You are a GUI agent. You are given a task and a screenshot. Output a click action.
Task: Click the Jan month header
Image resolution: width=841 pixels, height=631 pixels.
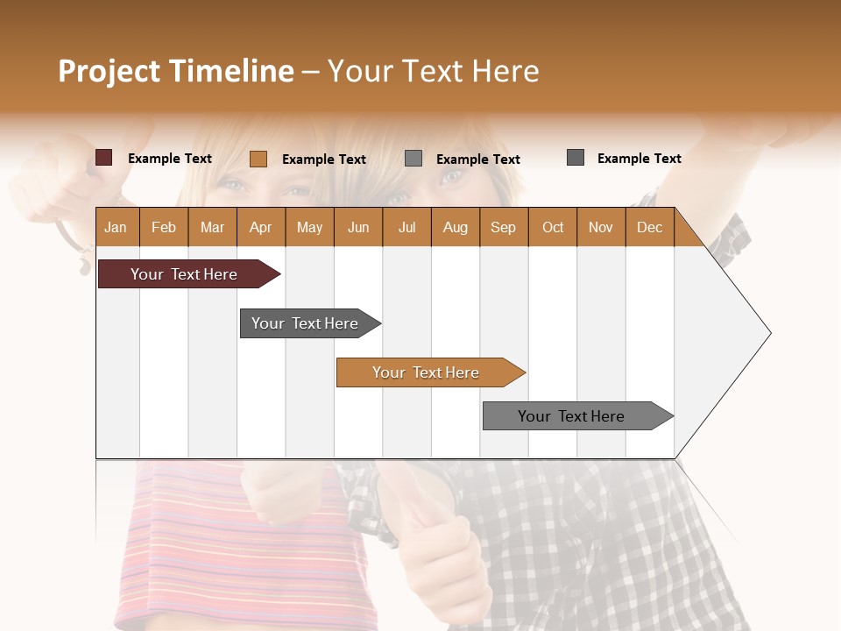coord(116,228)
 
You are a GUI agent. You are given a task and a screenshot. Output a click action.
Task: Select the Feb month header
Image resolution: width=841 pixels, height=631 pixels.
coord(164,228)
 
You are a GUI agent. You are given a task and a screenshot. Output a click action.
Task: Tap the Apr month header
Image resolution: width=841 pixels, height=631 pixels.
coord(260,228)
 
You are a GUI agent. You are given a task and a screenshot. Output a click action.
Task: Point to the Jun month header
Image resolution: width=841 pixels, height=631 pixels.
coord(358,228)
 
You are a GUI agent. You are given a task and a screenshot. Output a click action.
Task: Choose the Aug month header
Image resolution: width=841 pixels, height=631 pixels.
coord(455,228)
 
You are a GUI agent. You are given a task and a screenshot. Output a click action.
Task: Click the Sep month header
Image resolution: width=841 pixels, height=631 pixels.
coord(503,228)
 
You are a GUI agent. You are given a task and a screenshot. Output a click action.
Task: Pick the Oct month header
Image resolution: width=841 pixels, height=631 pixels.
coord(553,228)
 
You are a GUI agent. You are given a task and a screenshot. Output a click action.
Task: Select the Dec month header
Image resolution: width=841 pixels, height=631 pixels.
coord(649,228)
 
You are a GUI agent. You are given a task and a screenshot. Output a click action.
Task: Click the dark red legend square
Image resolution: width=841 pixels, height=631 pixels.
coord(104,158)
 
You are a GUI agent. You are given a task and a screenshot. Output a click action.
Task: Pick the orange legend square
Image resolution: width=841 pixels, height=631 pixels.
coord(258,159)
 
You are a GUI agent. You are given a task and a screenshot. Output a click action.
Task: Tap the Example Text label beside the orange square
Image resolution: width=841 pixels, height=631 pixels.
coord(324,160)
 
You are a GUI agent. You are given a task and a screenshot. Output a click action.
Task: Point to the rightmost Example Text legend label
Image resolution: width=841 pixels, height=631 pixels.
coord(639,159)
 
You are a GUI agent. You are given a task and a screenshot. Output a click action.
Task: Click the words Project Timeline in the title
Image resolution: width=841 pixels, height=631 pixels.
coord(175,71)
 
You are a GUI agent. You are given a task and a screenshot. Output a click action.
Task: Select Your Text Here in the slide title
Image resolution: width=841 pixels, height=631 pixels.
coord(433,71)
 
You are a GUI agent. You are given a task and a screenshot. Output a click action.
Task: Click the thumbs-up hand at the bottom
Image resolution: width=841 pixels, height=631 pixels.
coord(442,543)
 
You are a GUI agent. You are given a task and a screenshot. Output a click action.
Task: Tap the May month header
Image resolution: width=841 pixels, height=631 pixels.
coord(309,228)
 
